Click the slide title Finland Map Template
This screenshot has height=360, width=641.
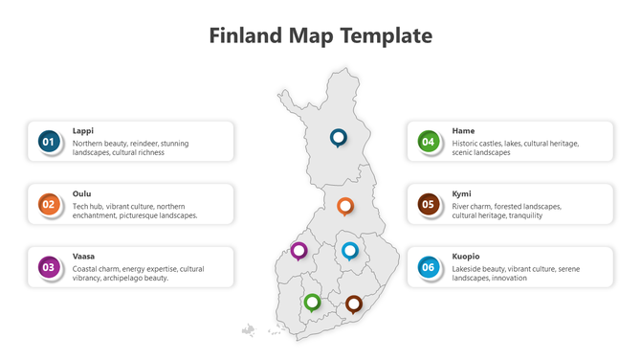pyautogui.click(x=320, y=36)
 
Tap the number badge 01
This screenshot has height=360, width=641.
pyautogui.click(x=49, y=142)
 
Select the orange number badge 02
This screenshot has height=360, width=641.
pyautogui.click(x=49, y=204)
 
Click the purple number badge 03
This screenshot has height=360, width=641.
pyautogui.click(x=49, y=267)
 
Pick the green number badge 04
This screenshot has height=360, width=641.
pyautogui.click(x=429, y=142)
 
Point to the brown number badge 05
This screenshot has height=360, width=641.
pyautogui.click(x=429, y=204)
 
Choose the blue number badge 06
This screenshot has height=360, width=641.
pyautogui.click(x=429, y=267)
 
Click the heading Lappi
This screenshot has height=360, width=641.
pyautogui.click(x=83, y=130)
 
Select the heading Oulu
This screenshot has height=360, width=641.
pyautogui.click(x=82, y=193)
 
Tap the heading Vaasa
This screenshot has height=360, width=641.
pyautogui.click(x=84, y=256)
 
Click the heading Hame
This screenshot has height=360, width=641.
pyautogui.click(x=463, y=130)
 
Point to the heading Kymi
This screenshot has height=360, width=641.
pyautogui.click(x=462, y=193)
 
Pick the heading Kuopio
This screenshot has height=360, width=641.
pyautogui.click(x=466, y=256)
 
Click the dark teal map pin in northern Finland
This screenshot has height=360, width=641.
pyautogui.click(x=338, y=138)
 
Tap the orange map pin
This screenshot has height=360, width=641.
pyautogui.click(x=345, y=205)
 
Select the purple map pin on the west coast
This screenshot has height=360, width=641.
pyautogui.click(x=299, y=250)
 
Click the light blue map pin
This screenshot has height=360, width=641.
pyautogui.click(x=350, y=251)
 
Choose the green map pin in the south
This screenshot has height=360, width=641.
pyautogui.click(x=312, y=303)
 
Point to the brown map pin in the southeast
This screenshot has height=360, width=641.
pyautogui.click(x=354, y=304)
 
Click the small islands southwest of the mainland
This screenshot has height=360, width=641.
pyautogui.click(x=249, y=330)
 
